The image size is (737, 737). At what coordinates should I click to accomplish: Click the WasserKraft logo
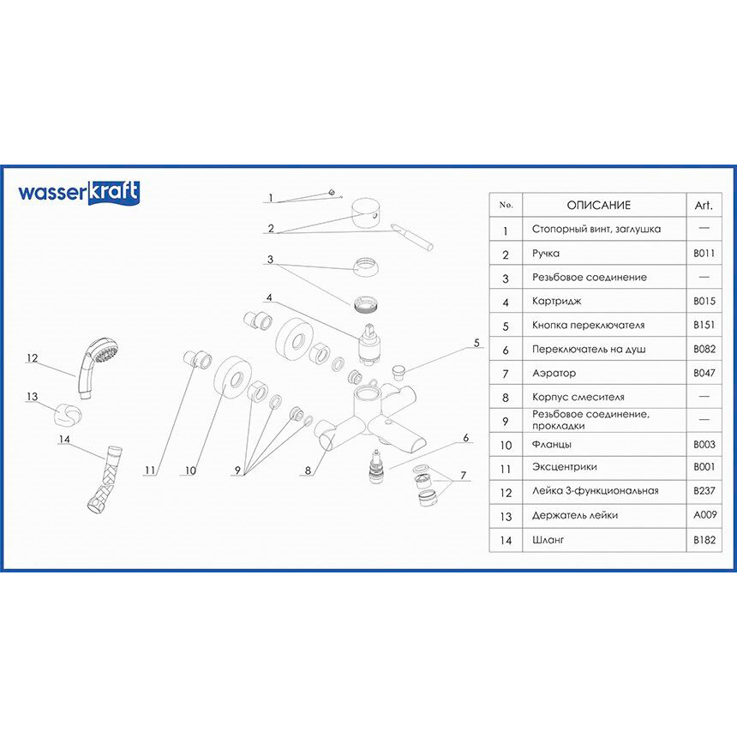pos(79,193)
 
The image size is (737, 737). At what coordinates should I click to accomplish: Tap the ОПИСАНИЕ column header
pos(598,206)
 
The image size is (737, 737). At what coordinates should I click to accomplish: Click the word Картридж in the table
pos(556,302)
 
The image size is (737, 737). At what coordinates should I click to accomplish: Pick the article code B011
pos(703,254)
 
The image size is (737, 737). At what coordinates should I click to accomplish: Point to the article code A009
pos(703,515)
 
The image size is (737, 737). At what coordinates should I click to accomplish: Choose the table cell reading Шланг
pos(548,540)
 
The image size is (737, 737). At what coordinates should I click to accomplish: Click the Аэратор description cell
pos(554,374)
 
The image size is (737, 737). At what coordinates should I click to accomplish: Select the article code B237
pos(703,491)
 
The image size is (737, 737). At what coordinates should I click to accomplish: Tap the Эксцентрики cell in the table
pos(564,467)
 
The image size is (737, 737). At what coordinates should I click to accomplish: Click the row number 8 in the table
pos(506,397)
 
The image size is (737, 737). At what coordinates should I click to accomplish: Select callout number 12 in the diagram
pos(33,358)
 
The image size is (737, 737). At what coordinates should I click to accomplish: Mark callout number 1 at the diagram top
pos(270,198)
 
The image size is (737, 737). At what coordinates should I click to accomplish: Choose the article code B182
pos(703,540)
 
